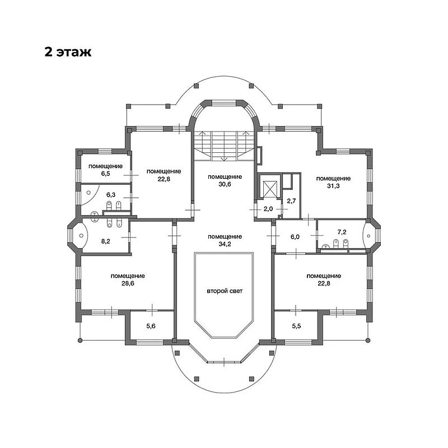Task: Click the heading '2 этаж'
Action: pos(68,52)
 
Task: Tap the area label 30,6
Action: pos(225,184)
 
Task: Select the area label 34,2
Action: pos(225,244)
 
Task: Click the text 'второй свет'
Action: pos(225,291)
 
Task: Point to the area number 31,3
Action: pos(333,186)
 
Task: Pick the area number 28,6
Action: pos(128,283)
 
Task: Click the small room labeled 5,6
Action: pos(151,326)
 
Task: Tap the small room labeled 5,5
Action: pos(297,326)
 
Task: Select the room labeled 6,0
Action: pos(295,236)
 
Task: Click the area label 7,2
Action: pos(342,232)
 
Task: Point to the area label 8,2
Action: pos(105,241)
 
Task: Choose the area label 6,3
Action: pos(111,194)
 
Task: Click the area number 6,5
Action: pos(105,174)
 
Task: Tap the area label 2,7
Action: pos(291,200)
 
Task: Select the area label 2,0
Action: pos(268,208)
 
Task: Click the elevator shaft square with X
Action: pos(270,189)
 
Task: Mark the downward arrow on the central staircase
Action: pos(225,145)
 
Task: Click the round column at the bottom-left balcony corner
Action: pos(80,340)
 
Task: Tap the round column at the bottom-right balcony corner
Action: pos(368,340)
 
